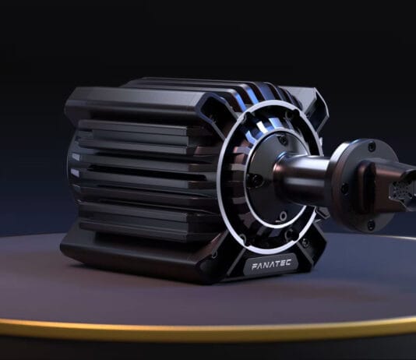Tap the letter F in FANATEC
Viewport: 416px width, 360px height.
click(x=255, y=266)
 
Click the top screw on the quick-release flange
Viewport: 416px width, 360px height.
click(x=372, y=146)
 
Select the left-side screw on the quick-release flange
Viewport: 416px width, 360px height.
click(x=344, y=189)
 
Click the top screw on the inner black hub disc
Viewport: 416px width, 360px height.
click(x=284, y=139)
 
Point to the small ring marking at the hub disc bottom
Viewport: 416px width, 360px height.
click(x=283, y=216)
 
